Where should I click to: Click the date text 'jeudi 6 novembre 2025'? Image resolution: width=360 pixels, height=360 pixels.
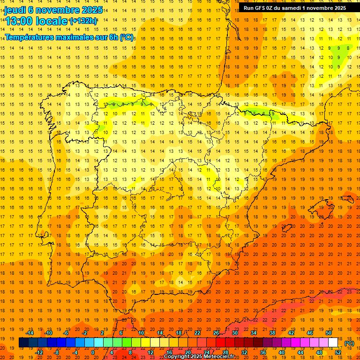[x=53, y=10]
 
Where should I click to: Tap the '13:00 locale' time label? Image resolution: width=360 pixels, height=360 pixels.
[x=37, y=21]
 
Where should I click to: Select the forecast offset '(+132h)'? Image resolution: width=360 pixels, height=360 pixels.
[x=83, y=21]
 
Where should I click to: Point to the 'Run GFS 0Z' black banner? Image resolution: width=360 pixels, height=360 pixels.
[x=295, y=8]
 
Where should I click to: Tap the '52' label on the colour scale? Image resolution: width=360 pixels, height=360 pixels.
[x=338, y=352]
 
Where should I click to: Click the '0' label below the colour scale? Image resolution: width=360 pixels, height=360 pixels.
[x=93, y=352]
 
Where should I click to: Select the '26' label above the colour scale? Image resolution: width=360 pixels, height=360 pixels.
[x=216, y=333]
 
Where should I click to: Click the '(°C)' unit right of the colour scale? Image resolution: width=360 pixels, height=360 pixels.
[x=349, y=343]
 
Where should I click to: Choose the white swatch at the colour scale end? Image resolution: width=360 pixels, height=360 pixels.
[x=333, y=343]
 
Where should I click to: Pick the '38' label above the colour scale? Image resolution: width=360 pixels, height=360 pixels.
[x=272, y=333]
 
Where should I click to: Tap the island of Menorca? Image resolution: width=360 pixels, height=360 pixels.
[x=350, y=199]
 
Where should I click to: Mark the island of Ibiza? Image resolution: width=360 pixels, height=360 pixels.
[x=287, y=228]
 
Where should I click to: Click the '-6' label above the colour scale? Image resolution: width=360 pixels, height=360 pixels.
[x=67, y=333]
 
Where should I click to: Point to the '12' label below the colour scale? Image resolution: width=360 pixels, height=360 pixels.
[x=150, y=352]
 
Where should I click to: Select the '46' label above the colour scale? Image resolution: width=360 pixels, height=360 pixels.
[x=310, y=333]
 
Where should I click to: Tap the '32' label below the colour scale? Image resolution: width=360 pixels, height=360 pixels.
[x=244, y=352]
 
